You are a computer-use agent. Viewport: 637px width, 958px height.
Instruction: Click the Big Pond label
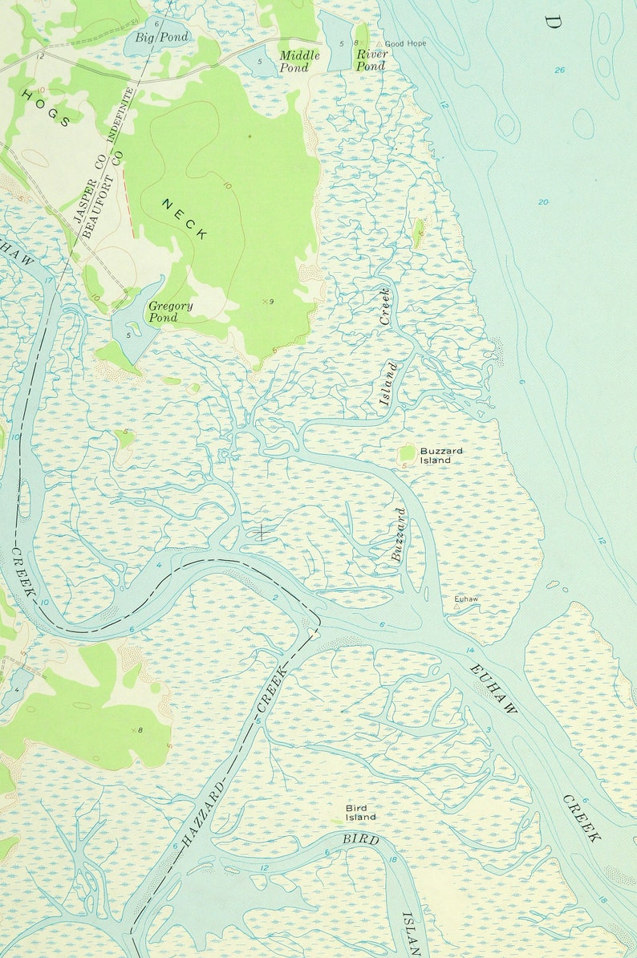coord(162,38)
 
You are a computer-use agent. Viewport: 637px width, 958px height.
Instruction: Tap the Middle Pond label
coord(299,62)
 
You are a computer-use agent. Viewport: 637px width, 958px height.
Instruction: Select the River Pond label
coord(371,60)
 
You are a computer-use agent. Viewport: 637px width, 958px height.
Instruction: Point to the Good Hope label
coord(405,43)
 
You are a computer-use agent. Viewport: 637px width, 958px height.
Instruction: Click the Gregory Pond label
coord(170,311)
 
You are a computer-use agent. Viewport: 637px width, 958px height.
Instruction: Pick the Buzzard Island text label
coord(440,456)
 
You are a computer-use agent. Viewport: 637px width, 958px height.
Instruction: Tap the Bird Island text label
coord(360,813)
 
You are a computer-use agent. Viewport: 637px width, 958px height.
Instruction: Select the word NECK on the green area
coord(185,220)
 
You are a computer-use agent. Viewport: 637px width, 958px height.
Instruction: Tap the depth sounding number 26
coord(559,71)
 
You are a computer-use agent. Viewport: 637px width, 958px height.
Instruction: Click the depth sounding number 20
coord(543,201)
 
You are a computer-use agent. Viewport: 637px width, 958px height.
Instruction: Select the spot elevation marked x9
coord(268,302)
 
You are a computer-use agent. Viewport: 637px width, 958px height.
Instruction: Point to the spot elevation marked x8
coord(137,730)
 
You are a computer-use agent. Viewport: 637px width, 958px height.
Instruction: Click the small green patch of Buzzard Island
coord(408,453)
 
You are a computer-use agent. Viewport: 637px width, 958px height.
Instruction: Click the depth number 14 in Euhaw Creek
coord(470,650)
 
